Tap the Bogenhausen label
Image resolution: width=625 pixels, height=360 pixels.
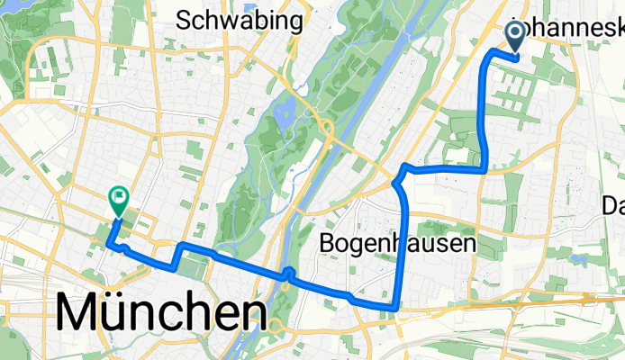point(397,243)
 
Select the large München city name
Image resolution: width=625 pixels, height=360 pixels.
point(162,312)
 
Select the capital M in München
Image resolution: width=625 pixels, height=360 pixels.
point(80,313)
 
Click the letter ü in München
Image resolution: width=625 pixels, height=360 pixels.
point(122,313)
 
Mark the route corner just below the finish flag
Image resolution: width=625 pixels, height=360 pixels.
point(109,242)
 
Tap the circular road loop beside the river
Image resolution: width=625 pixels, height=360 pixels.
point(323,126)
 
